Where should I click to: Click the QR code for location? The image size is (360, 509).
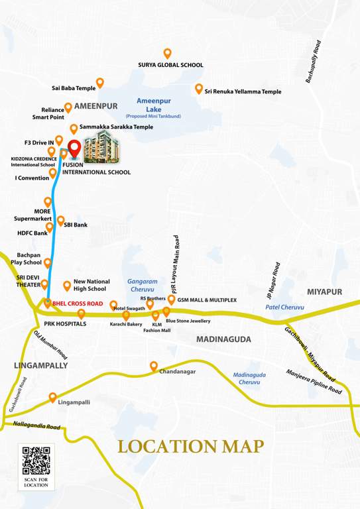[36, 461]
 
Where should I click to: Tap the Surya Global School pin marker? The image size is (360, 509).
[167, 53]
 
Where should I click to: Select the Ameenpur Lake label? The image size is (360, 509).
[153, 104]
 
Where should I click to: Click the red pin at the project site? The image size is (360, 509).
[74, 147]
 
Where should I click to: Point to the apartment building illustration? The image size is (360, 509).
[101, 147]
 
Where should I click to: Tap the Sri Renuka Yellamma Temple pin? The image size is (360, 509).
[198, 88]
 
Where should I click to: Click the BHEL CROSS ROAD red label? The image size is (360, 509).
[78, 304]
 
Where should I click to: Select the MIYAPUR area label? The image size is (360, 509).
[325, 292]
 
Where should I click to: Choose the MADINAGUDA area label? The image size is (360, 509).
[223, 339]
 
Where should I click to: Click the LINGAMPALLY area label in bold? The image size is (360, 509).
[40, 365]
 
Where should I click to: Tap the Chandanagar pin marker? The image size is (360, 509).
[154, 365]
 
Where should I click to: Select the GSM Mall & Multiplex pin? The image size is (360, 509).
[171, 299]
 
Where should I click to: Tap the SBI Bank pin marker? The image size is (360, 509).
[60, 220]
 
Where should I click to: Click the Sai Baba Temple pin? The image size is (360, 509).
[100, 83]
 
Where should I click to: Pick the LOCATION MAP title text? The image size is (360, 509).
[191, 446]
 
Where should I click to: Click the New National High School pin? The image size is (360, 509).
[67, 286]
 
